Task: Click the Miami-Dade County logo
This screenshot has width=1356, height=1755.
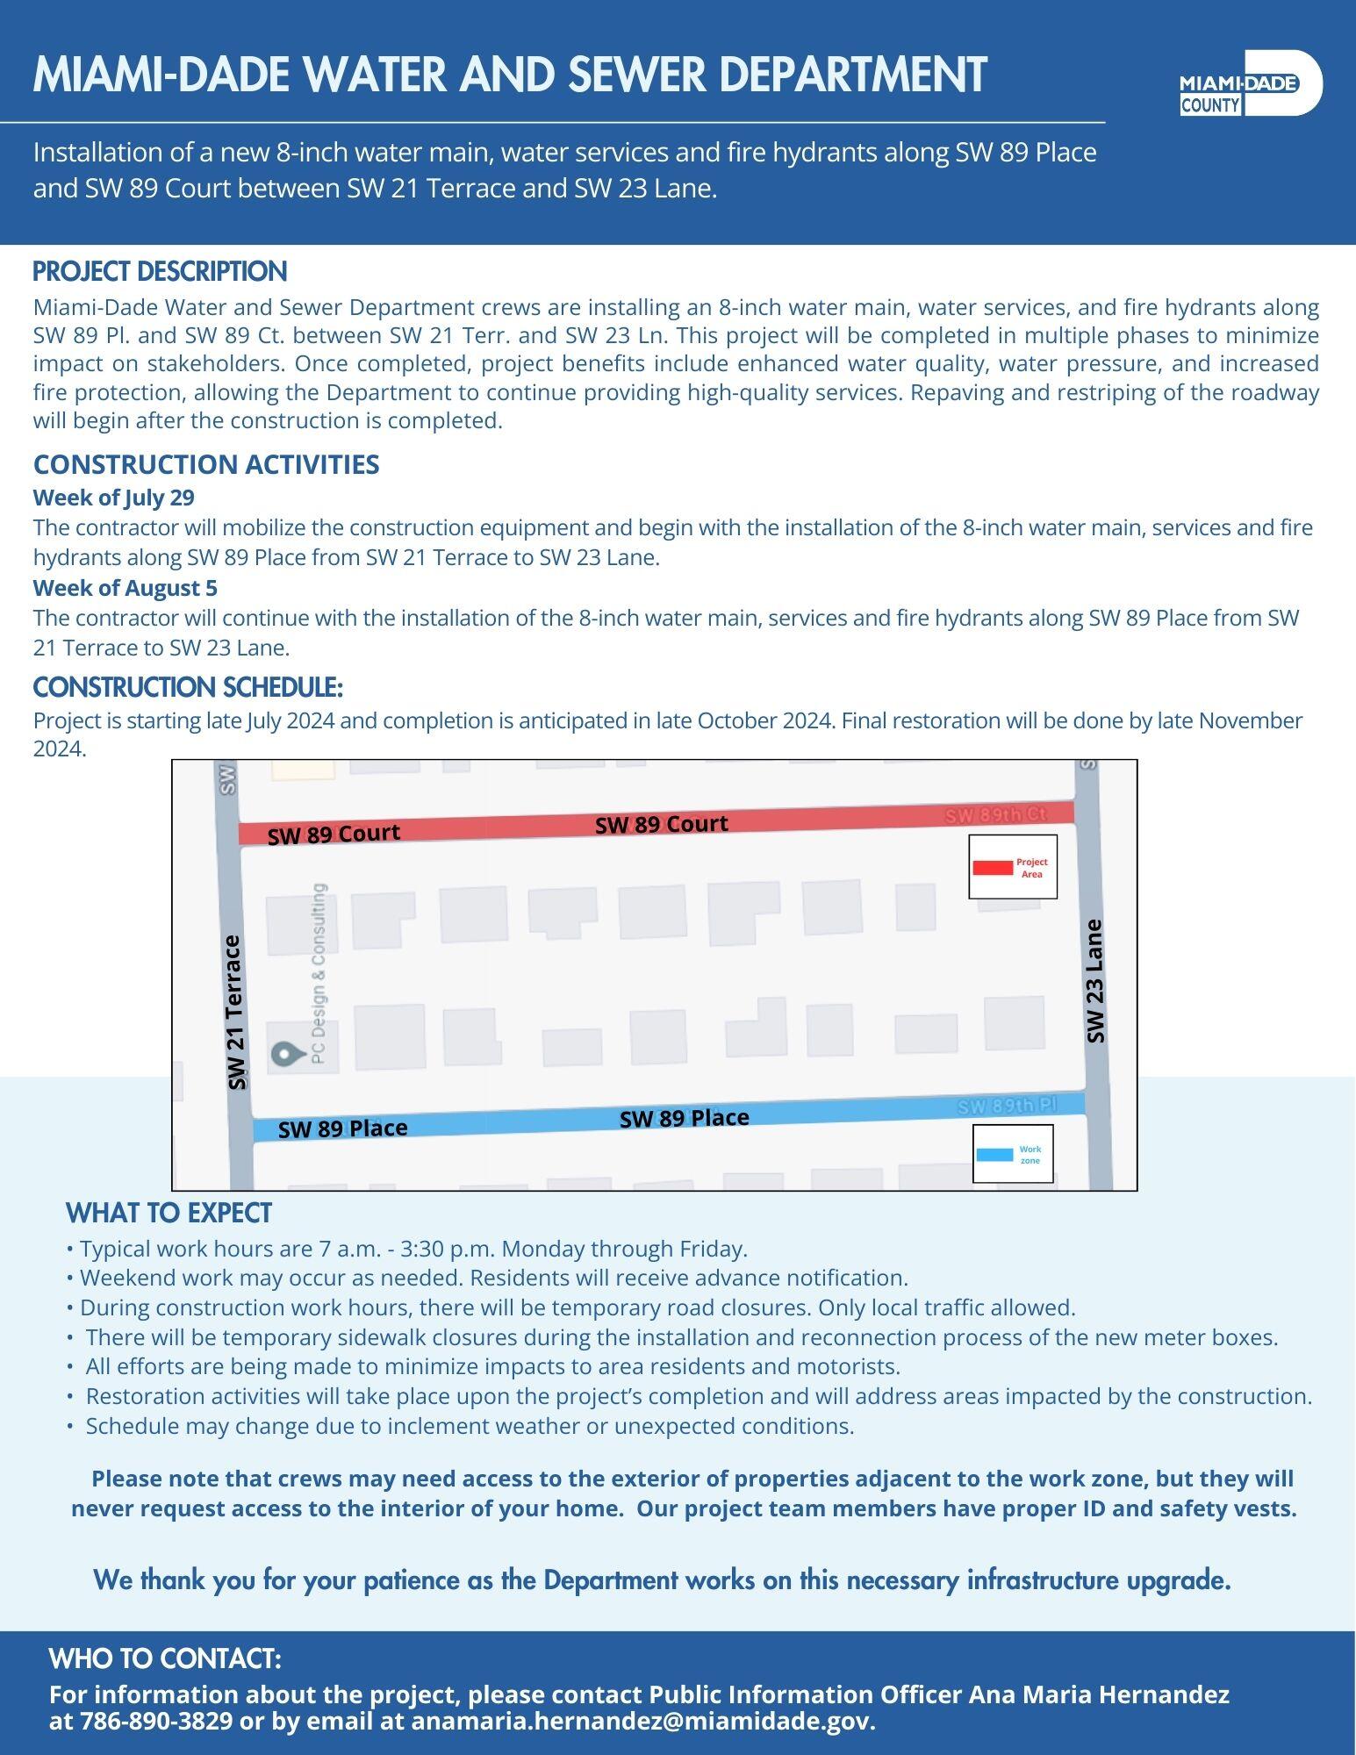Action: click(1251, 83)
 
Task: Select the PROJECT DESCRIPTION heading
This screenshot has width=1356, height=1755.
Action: click(160, 271)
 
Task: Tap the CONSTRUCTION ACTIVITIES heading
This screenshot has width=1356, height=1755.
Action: click(206, 464)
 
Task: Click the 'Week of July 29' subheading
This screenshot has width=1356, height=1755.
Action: click(114, 498)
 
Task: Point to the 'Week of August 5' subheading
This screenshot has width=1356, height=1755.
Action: click(126, 587)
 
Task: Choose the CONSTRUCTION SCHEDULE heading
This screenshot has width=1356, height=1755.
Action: click(188, 686)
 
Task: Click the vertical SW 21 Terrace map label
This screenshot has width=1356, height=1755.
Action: click(234, 1012)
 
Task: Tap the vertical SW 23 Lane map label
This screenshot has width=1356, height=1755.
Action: click(1094, 980)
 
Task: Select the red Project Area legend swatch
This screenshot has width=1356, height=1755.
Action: click(993, 868)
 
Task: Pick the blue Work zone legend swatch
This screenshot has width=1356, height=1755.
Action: click(994, 1155)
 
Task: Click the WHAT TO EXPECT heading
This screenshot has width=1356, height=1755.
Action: click(169, 1213)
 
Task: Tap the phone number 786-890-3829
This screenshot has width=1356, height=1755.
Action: click(157, 1721)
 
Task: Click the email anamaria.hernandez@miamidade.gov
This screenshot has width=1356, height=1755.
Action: click(643, 1721)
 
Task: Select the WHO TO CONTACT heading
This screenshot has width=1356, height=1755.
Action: click(165, 1658)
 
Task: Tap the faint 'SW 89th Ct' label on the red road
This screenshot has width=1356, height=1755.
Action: click(995, 814)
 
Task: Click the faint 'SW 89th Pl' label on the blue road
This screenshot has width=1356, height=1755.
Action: click(1006, 1106)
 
